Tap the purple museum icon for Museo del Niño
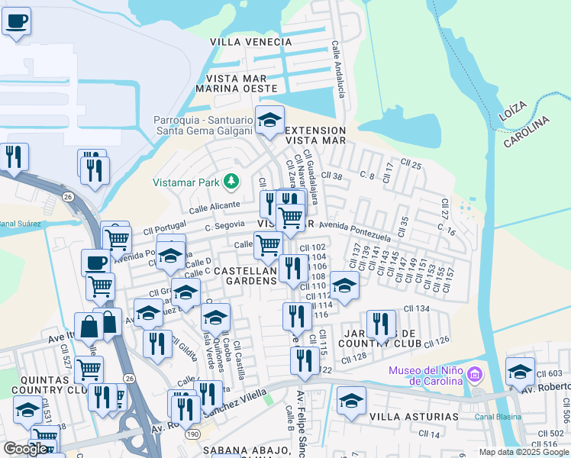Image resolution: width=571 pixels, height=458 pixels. [x=476, y=374]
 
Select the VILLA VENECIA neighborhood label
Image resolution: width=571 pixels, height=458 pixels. [x=250, y=42]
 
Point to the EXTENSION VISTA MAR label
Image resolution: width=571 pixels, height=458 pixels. [x=315, y=135]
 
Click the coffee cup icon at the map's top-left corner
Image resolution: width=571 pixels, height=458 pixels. [x=15, y=21]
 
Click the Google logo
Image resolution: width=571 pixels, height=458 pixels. [x=25, y=448]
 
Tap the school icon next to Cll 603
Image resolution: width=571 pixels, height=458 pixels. [x=520, y=371]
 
